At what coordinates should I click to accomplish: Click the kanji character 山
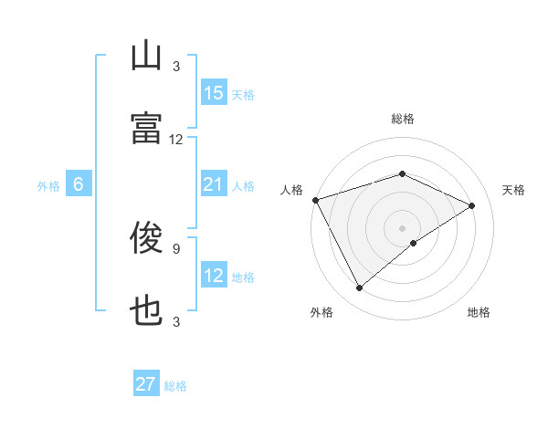(146, 58)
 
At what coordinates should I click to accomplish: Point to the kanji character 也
(146, 312)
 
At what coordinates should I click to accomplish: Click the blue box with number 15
(214, 93)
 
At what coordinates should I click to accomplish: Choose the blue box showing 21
(214, 185)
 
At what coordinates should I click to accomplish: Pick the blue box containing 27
(146, 384)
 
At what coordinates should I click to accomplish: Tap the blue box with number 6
(79, 185)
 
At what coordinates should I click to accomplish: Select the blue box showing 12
(214, 277)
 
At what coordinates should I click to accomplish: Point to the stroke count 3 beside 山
(176, 66)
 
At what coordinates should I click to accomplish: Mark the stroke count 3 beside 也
(176, 321)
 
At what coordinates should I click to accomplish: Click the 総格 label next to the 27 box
(175, 386)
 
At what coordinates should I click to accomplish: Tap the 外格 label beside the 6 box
(48, 186)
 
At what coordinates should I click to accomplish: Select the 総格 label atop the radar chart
(403, 119)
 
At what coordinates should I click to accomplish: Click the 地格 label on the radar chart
(479, 312)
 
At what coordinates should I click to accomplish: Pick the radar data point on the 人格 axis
(315, 200)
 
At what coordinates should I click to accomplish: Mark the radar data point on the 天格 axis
(472, 205)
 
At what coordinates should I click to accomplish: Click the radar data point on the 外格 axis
(359, 288)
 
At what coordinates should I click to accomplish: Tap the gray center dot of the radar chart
(403, 227)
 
